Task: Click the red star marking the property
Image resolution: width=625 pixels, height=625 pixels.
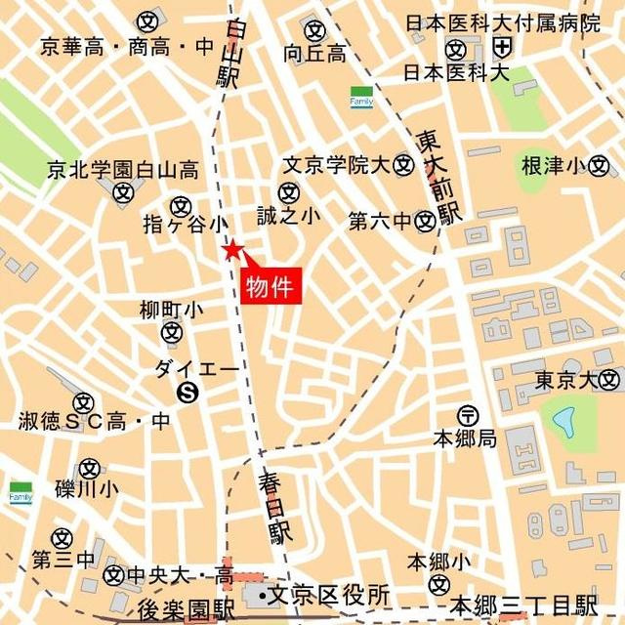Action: (231, 251)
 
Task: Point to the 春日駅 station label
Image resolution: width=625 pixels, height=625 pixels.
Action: (276, 507)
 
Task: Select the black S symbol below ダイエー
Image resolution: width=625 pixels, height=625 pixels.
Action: (187, 393)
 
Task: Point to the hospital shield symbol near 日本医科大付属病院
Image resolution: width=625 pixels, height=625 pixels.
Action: (502, 47)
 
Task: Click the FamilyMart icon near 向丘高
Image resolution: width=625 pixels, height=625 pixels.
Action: (362, 98)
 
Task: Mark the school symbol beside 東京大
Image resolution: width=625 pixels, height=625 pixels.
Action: (610, 379)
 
